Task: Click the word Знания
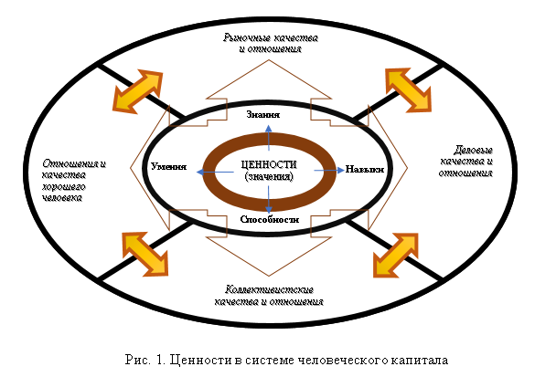(264, 117)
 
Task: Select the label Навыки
(363, 170)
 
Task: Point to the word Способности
(269, 220)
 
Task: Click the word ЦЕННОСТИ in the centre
(267, 163)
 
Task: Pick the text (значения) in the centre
(268, 176)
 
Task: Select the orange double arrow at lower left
(145, 252)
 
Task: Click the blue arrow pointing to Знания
(268, 135)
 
